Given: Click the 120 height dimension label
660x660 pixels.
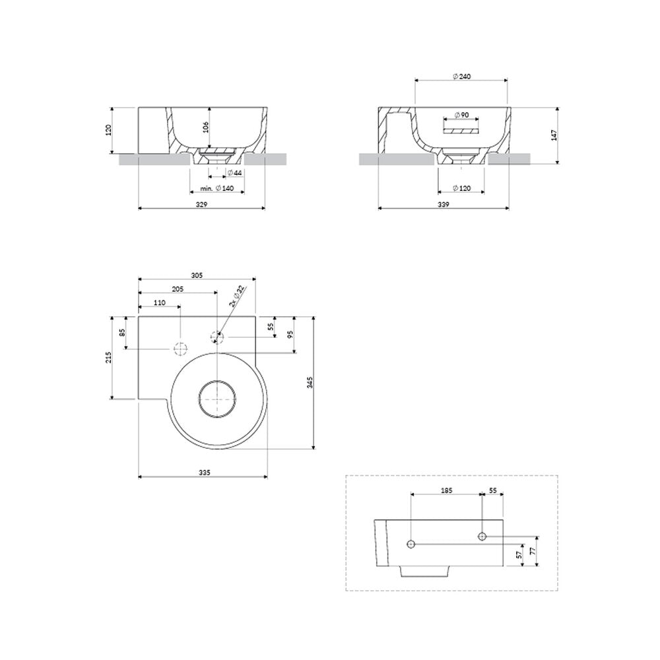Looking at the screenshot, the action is [109, 130].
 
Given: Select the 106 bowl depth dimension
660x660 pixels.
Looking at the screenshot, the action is [206, 127].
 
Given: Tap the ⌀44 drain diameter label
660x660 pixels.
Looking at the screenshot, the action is [234, 173].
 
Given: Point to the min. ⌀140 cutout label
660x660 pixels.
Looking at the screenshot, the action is [216, 188].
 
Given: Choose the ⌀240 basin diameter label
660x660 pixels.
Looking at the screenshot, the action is [462, 76].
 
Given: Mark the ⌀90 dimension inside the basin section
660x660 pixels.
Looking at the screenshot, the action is [461, 115].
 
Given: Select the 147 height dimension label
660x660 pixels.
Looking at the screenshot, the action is [554, 135].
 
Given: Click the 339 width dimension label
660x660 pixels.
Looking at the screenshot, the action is [444, 204].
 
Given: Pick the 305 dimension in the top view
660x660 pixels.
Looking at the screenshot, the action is [197, 276].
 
